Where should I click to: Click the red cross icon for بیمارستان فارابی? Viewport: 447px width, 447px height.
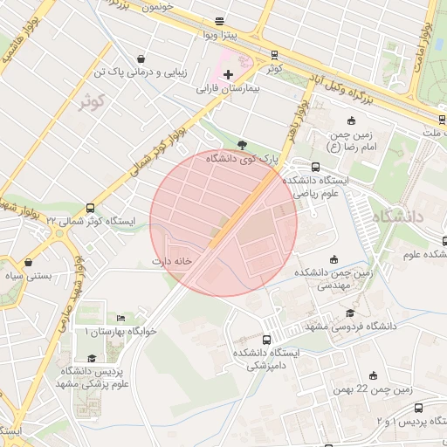click(x=228, y=75)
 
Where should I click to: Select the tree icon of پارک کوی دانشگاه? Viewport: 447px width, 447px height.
click(x=242, y=145)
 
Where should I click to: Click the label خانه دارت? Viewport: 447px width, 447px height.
click(x=171, y=260)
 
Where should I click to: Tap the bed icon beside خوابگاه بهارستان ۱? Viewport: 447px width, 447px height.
click(x=120, y=318)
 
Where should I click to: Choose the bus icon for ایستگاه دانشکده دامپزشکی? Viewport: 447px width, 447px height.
click(x=266, y=340)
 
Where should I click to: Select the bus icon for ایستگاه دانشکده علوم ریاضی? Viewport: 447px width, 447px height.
click(x=315, y=167)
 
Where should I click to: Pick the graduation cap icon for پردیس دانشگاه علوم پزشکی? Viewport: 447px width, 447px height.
click(x=92, y=358)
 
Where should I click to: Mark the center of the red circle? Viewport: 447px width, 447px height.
click(x=223, y=223)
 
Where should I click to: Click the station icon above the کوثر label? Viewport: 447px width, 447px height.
click(x=275, y=53)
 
